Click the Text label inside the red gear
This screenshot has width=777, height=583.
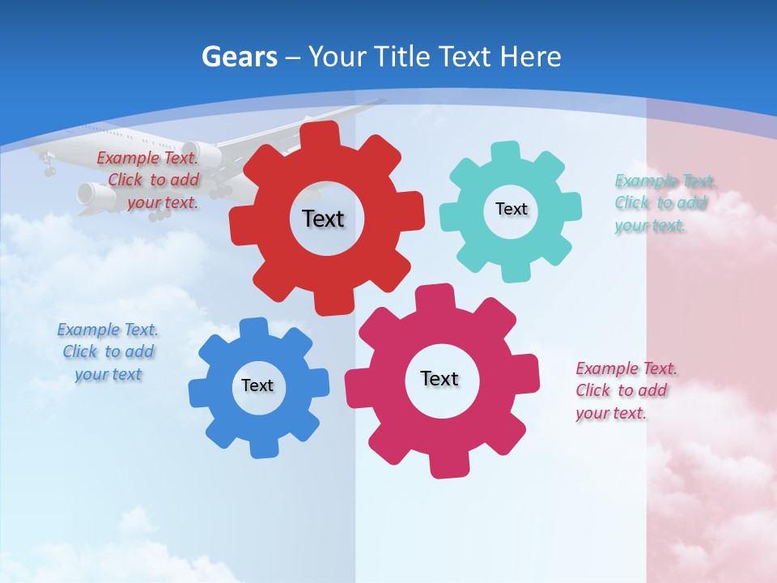click(x=323, y=219)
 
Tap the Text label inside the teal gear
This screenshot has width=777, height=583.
click(x=511, y=209)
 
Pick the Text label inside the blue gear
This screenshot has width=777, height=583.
click(x=257, y=385)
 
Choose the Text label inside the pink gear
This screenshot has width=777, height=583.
click(x=439, y=378)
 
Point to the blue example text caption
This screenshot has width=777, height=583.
click(x=108, y=352)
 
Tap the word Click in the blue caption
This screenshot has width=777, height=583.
click(x=79, y=352)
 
